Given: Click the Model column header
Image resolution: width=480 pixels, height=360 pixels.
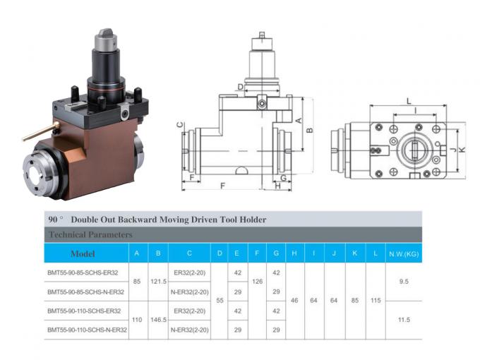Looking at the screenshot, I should coord(83,253).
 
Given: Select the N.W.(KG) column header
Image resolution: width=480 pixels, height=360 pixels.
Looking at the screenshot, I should coord(404,253).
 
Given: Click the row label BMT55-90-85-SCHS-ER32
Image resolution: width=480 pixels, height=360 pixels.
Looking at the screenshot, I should coord(84,271).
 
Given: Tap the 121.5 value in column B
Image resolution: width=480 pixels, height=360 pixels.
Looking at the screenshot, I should coord(159,281).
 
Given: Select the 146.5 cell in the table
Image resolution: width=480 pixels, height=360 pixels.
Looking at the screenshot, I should coord(159,320).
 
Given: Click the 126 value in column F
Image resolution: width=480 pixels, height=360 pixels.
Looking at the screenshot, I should coord(258,281).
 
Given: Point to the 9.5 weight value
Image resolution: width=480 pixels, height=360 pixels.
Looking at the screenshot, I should coord(404,281).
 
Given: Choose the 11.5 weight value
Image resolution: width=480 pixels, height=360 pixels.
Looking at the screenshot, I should coord(404,320).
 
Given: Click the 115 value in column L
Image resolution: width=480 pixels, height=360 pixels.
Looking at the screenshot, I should coord(376,301).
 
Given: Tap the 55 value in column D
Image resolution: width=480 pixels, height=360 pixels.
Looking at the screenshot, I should coord(220,301).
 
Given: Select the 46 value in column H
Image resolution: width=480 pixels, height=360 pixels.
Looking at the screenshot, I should coord(294,301).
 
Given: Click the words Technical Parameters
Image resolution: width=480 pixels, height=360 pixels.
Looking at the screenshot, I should coord(90,234).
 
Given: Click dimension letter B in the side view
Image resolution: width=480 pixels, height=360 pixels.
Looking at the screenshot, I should coord(309,130).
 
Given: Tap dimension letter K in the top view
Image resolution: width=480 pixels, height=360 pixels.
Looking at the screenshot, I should coord(462,150).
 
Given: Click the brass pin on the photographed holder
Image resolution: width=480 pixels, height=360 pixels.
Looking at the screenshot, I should coord(39,131).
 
